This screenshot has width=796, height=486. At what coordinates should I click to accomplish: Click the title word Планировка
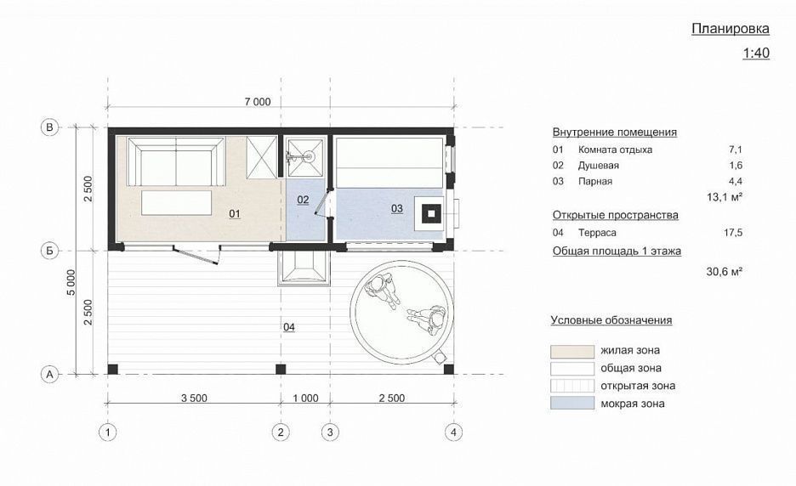730,29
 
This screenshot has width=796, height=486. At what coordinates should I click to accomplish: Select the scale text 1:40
755,54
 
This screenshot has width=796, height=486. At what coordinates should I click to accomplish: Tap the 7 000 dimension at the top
256,102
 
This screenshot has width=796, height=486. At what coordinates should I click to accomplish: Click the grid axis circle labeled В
49,127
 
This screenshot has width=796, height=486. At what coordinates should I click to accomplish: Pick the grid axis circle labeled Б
49,251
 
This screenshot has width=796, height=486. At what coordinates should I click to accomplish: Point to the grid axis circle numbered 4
455,432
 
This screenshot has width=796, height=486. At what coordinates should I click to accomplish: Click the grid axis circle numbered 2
280,432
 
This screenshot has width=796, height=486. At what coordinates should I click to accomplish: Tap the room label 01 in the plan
236,215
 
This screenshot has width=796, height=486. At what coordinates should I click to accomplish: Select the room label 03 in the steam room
396,208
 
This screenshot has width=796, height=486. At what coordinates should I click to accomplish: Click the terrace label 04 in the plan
289,327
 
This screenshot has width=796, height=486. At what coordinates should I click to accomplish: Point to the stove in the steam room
432,212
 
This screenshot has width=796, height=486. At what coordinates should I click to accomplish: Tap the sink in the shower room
301,156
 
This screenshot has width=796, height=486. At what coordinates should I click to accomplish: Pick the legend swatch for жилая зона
571,350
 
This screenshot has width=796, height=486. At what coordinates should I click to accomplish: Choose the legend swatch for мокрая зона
571,404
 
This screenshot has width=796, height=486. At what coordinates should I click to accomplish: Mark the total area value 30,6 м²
725,271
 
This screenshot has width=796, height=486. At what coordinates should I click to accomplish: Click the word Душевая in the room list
599,166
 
